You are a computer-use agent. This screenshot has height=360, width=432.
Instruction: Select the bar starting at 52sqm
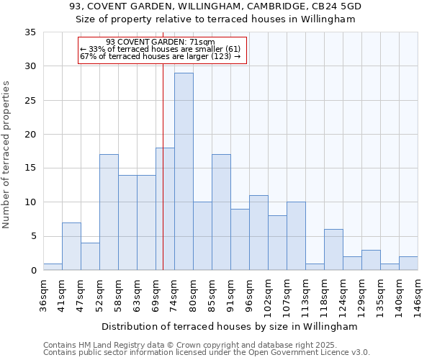[109, 212]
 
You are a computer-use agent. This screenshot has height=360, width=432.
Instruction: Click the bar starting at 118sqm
[333, 250]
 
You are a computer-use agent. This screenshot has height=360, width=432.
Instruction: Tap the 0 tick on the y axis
[33, 271]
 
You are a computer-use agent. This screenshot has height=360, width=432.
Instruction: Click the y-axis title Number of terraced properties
[7, 154]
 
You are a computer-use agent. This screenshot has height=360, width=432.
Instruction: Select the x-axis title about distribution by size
[229, 326]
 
